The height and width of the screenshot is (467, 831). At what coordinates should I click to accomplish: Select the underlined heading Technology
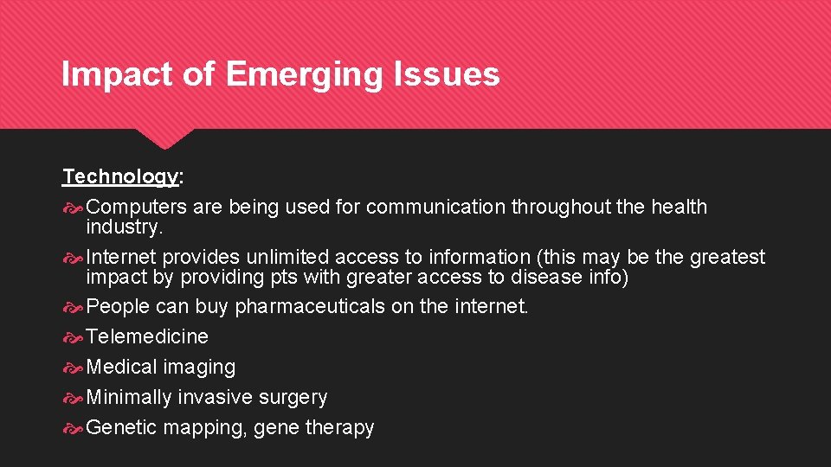(120, 177)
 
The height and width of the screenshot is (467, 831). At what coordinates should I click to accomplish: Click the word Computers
(137, 208)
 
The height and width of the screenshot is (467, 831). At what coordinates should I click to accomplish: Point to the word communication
(436, 208)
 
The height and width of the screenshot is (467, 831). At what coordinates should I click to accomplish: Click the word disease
(545, 278)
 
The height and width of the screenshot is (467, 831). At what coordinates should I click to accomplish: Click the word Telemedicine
(147, 336)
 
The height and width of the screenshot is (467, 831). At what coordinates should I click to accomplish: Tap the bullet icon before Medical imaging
(73, 368)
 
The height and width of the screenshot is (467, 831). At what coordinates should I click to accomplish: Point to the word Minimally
(129, 398)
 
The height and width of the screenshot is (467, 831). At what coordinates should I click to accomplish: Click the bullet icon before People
(73, 307)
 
